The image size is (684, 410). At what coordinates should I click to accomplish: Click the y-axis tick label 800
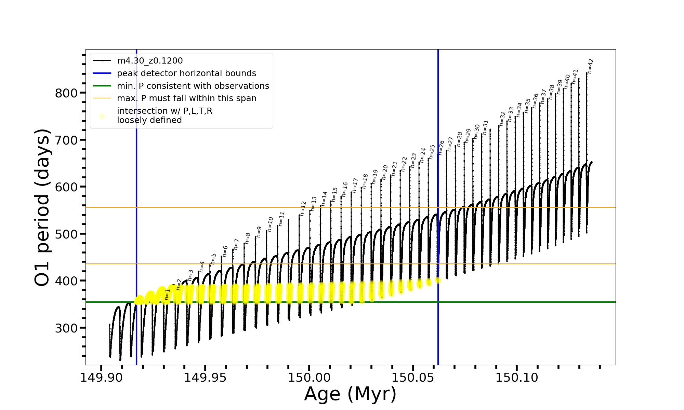(66, 93)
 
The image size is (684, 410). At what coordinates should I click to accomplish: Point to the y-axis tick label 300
(66, 328)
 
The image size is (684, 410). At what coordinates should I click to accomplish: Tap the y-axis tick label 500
(66, 234)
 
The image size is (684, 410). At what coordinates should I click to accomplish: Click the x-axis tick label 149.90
(101, 378)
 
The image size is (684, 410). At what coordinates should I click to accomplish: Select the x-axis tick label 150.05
(413, 378)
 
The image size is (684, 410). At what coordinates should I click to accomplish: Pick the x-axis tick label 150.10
(517, 378)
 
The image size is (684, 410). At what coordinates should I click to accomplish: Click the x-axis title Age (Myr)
(350, 394)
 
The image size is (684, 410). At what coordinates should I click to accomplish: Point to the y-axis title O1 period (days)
(42, 207)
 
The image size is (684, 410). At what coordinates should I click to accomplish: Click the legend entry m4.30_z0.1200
(150, 61)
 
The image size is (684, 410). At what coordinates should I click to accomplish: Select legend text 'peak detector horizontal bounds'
(186, 73)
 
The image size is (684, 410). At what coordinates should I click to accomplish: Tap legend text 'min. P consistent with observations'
(193, 86)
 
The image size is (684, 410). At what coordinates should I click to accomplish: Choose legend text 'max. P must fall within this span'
(186, 98)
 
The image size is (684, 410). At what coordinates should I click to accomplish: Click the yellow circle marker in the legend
(102, 116)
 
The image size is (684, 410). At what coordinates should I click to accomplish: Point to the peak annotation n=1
(167, 295)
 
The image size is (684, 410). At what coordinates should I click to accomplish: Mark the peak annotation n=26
(442, 147)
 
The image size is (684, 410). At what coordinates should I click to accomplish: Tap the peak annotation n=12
(303, 208)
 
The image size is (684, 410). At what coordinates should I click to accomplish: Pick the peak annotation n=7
(236, 244)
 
